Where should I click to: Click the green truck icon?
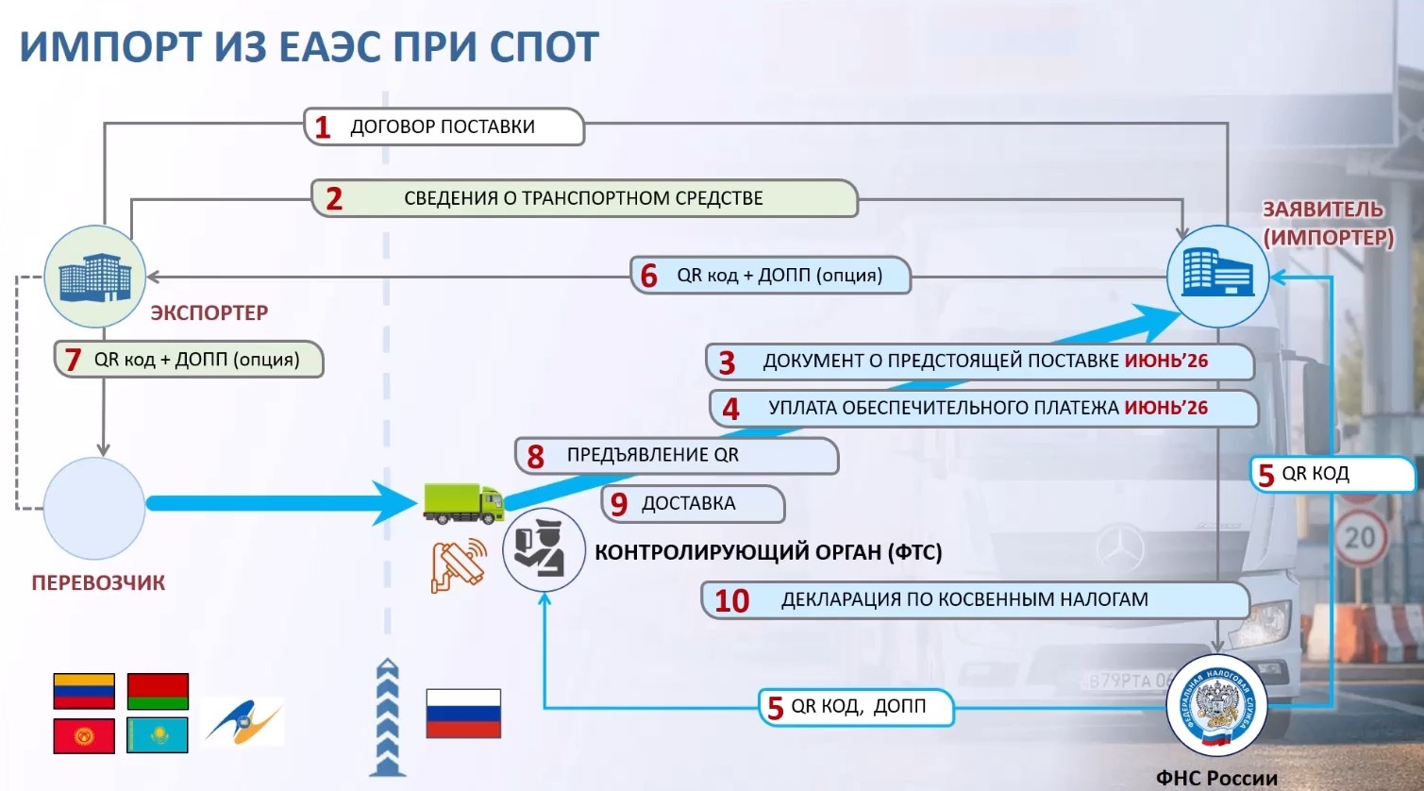[x=463, y=503]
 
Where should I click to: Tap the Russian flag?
[x=463, y=714]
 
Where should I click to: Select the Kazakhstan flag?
[x=158, y=735]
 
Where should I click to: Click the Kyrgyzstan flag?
[x=84, y=735]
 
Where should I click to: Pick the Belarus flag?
[x=158, y=691]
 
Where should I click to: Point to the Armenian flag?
[x=84, y=691]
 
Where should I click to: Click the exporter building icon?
[x=95, y=277]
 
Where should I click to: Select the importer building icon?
[x=1217, y=276]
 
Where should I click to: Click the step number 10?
[x=731, y=600]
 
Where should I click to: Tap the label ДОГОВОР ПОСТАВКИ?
[x=443, y=126]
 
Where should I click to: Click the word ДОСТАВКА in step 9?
[x=688, y=503]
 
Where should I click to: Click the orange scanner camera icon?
[x=458, y=565]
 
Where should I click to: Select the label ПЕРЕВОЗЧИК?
[x=98, y=582]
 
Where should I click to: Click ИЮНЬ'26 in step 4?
[x=1165, y=408]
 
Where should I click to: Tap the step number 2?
[x=334, y=199]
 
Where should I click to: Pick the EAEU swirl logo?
[x=243, y=723]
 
